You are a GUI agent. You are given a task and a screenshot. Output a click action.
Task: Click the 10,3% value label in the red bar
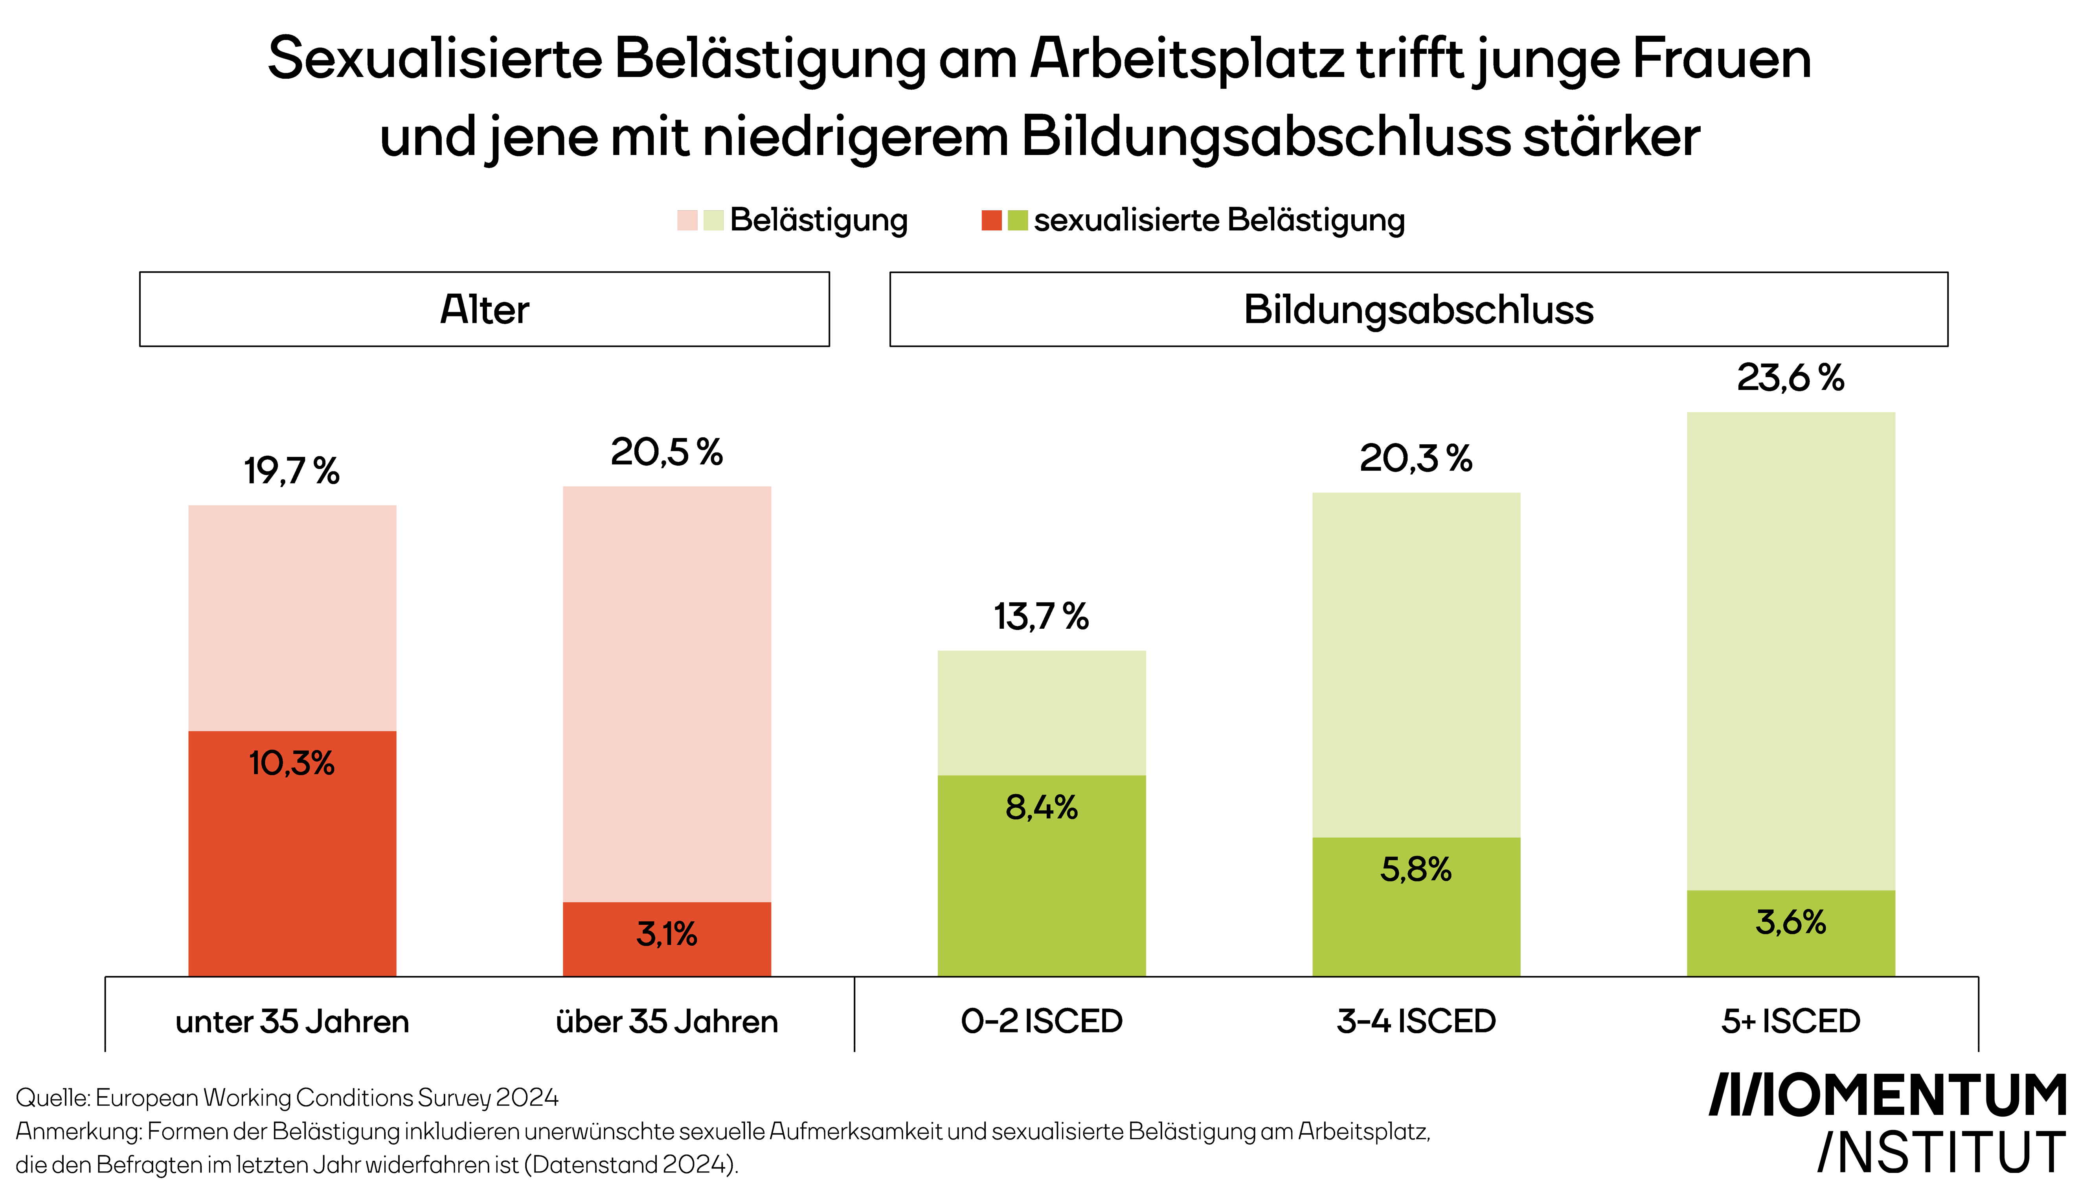click(291, 764)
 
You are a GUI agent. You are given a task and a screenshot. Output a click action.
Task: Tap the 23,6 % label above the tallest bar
click(1790, 378)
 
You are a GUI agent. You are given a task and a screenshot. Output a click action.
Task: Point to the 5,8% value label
click(1415, 870)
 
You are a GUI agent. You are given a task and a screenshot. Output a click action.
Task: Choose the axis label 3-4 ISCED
click(1415, 1022)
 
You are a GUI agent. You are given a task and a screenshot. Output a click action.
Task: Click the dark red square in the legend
click(991, 221)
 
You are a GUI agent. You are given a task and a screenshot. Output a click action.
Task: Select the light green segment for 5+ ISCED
click(1790, 649)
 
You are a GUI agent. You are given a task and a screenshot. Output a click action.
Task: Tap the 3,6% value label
click(1790, 923)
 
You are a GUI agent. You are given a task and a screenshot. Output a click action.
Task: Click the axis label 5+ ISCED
click(1790, 1022)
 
